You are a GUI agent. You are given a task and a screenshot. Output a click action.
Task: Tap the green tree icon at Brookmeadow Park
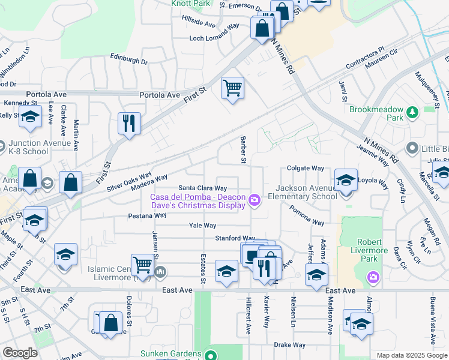[x=412, y=112]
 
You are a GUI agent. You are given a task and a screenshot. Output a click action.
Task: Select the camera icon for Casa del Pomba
[x=255, y=200]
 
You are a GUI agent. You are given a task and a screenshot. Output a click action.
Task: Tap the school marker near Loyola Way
[x=346, y=180]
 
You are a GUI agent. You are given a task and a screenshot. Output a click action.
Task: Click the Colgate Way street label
[x=305, y=169]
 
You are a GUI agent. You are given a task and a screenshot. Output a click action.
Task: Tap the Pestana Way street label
[x=147, y=215]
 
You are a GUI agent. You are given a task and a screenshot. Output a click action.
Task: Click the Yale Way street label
[x=202, y=226]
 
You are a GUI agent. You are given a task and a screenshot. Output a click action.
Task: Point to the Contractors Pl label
[x=364, y=58]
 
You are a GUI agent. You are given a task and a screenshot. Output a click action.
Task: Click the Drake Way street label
[x=289, y=345]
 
